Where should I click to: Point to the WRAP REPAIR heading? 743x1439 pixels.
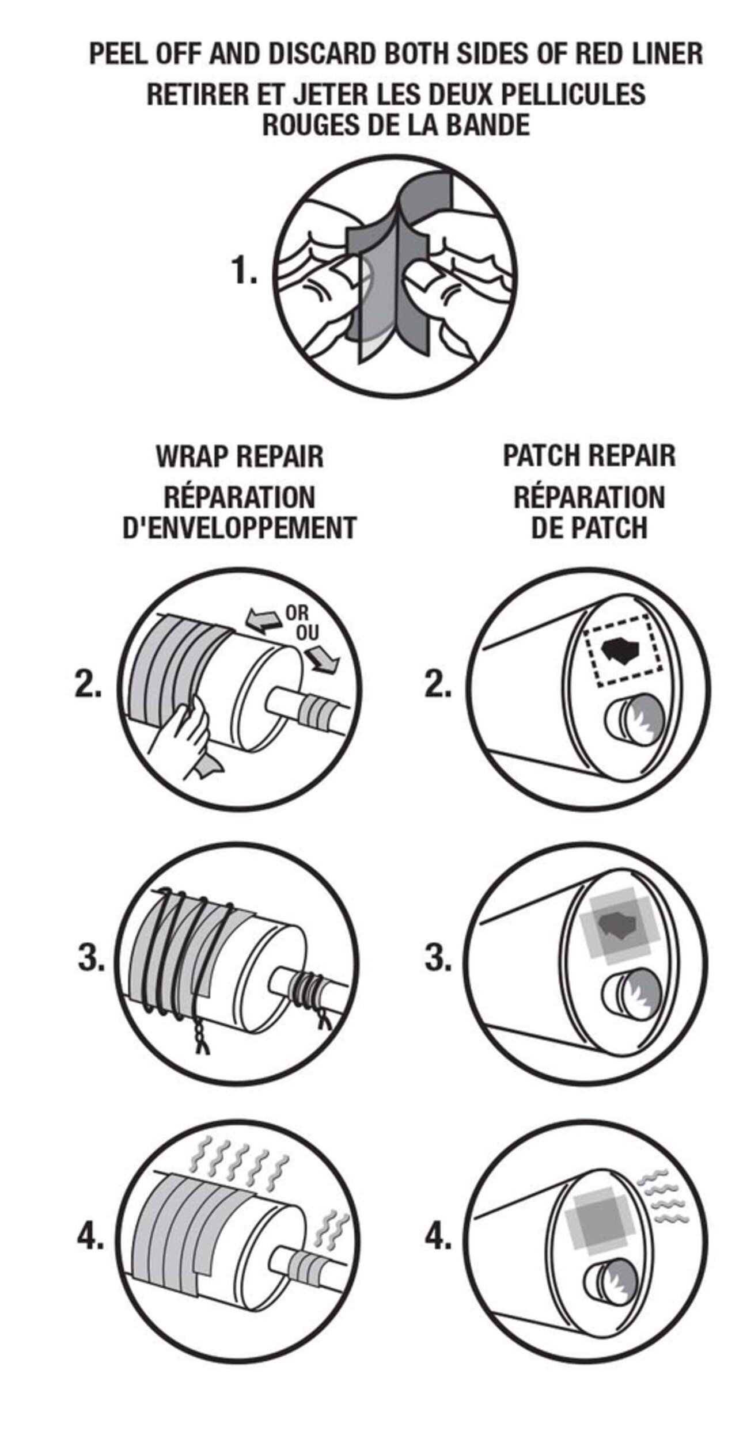tap(240, 456)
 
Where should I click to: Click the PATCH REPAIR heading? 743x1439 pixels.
tap(589, 455)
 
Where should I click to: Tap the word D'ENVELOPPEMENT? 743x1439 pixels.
tap(240, 528)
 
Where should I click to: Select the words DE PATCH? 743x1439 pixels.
tap(589, 528)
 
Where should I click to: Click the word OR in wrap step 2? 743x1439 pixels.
tap(297, 613)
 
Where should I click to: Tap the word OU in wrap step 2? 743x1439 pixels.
tap(307, 634)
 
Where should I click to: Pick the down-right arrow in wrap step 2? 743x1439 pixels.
tap(321, 657)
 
